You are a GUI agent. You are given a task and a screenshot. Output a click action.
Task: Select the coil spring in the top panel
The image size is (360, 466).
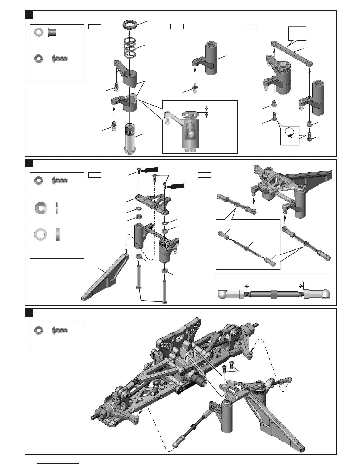[x=131, y=48]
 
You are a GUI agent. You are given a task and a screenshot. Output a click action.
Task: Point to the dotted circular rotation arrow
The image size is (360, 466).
[x=289, y=132]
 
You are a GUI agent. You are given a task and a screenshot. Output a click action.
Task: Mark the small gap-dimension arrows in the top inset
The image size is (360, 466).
[x=206, y=111]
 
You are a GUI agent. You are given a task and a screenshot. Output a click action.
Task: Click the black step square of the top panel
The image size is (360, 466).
[x=29, y=14]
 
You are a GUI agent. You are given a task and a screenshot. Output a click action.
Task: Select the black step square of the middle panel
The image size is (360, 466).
[x=29, y=163]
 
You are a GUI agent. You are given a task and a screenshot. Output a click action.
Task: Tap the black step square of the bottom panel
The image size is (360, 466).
[x=29, y=312]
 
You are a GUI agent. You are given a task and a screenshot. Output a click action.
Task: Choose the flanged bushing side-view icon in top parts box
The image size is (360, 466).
[x=52, y=32]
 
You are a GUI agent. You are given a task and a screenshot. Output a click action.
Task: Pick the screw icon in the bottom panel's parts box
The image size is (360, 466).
[x=60, y=330]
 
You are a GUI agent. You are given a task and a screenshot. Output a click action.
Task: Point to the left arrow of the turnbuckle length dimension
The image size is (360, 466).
[x=247, y=286]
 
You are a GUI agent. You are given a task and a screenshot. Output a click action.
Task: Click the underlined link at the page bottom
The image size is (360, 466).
[x=58, y=463]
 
